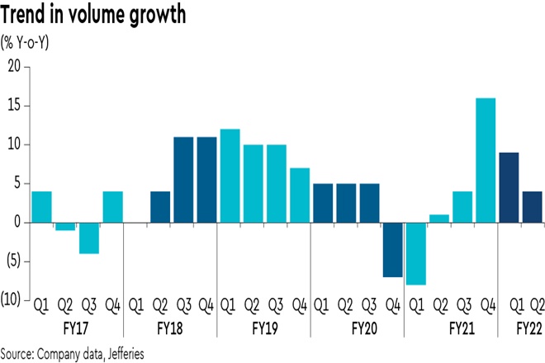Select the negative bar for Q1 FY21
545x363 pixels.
pyautogui.click(x=417, y=253)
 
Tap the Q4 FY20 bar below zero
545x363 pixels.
pyautogui.click(x=394, y=249)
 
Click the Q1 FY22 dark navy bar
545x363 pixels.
pyautogui.click(x=510, y=187)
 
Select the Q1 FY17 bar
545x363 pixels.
pyautogui.click(x=41, y=207)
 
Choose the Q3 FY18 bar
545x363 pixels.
pyautogui.click(x=182, y=179)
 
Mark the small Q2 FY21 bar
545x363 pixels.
pyautogui.click(x=440, y=219)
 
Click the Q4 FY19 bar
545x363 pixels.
pyautogui.click(x=301, y=195)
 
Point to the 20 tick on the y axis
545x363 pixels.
pyautogui.click(x=13, y=67)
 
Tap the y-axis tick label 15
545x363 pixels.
pyautogui.click(x=13, y=106)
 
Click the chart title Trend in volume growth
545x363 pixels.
pyautogui.click(x=92, y=16)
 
